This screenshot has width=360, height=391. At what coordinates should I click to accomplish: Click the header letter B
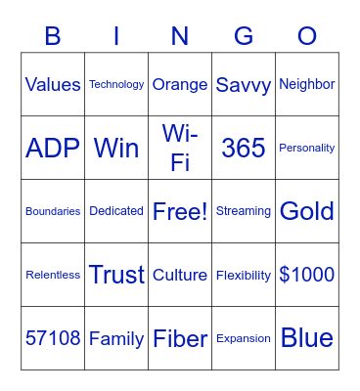(x=53, y=36)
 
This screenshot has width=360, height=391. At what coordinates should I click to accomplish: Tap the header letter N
(x=180, y=36)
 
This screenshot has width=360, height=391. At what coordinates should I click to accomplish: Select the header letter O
(x=307, y=36)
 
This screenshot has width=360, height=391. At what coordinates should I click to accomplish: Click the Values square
(x=53, y=85)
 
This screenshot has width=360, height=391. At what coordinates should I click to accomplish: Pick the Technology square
(x=116, y=85)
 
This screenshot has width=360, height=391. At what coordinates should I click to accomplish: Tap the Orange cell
(x=180, y=85)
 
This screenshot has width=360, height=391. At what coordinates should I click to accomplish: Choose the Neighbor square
(x=307, y=85)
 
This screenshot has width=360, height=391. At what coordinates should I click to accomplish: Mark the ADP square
(x=53, y=148)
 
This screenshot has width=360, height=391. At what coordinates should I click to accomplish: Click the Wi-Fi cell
(x=180, y=148)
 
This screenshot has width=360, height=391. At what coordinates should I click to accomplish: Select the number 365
(x=244, y=148)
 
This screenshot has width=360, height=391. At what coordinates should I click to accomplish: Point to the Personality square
(x=307, y=148)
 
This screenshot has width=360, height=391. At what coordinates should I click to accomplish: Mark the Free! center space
(x=180, y=211)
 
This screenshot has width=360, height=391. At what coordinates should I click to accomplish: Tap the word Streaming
(x=244, y=211)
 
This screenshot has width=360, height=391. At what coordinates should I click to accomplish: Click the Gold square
(x=307, y=211)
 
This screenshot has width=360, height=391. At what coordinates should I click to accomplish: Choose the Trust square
(x=116, y=275)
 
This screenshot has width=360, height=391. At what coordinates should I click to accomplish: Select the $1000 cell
(x=307, y=275)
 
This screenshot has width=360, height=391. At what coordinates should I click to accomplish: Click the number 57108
(x=53, y=338)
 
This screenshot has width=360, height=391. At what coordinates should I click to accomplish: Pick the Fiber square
(x=180, y=338)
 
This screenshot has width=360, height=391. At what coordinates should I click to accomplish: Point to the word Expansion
(x=244, y=338)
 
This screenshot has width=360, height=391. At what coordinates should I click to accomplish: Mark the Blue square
(x=307, y=338)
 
